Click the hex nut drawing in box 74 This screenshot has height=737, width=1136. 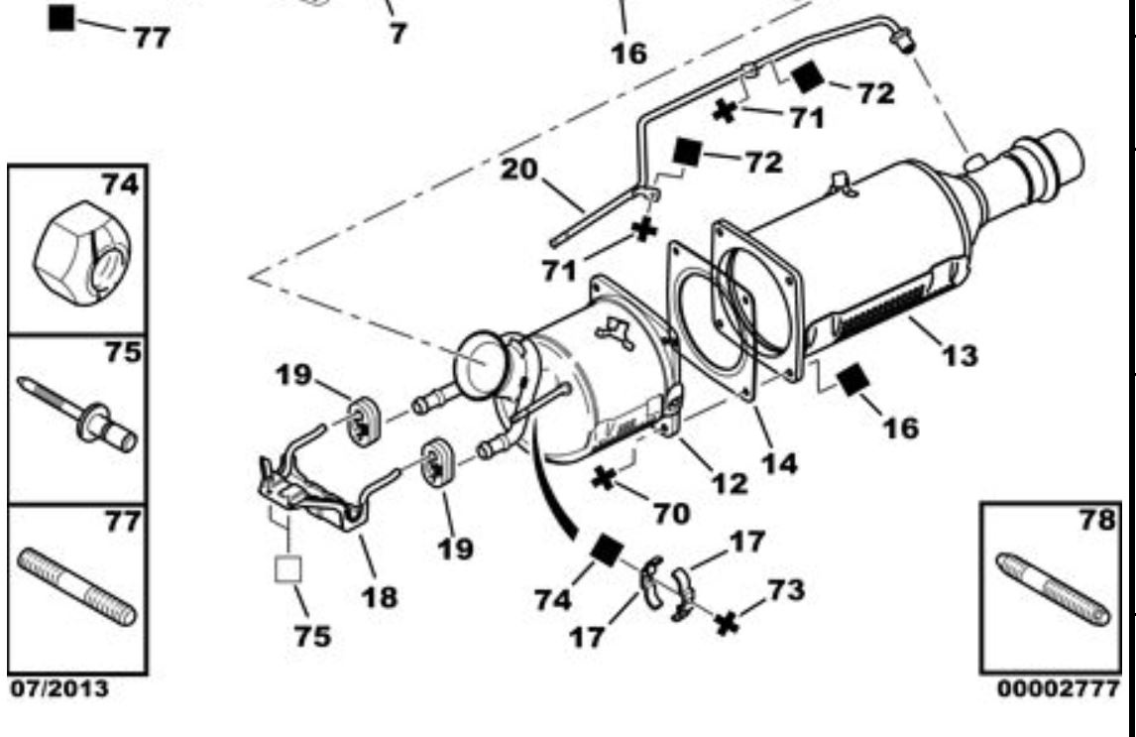(x=82, y=253)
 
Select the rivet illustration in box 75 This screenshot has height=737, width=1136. (x=76, y=416)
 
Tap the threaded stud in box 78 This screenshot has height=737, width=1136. (x=1053, y=590)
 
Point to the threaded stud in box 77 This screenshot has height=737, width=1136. (x=76, y=586)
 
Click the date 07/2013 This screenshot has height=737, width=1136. (x=59, y=687)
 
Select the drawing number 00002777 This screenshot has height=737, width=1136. (x=1059, y=687)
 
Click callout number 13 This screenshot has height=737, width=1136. (x=960, y=354)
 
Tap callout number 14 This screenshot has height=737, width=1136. (x=779, y=462)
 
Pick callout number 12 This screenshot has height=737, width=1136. (x=729, y=483)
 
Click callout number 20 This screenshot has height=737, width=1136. (x=519, y=169)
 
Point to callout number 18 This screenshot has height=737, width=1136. (x=380, y=596)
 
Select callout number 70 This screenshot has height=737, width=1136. (x=672, y=513)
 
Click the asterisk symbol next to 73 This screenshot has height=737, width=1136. (x=727, y=623)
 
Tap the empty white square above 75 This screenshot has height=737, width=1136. (x=287, y=569)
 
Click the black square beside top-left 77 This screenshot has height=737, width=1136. (x=61, y=18)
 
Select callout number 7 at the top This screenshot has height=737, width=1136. (x=398, y=33)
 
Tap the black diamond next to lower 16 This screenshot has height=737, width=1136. (x=852, y=380)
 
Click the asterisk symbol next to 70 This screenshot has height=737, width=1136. (x=603, y=478)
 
